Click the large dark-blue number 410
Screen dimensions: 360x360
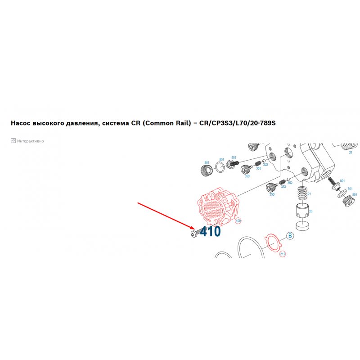click(x=210, y=231)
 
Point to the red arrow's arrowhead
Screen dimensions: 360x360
click(x=193, y=228)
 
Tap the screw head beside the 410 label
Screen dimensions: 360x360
click(x=193, y=234)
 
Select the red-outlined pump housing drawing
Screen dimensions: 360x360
click(x=218, y=206)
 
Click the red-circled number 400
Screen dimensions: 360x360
click(x=238, y=221)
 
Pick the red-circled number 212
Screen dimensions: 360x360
click(x=283, y=254)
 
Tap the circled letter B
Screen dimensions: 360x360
click(x=290, y=236)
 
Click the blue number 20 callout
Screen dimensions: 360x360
click(x=310, y=211)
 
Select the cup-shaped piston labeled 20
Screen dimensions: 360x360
click(x=302, y=210)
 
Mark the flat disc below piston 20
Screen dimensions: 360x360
click(x=302, y=226)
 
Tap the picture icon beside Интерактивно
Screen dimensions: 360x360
click(x=13, y=140)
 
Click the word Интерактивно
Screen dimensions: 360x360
click(x=31, y=141)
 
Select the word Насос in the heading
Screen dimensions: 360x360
click(x=21, y=123)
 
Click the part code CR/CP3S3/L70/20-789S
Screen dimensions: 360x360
click(x=238, y=123)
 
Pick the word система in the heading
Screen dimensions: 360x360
click(x=116, y=123)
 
